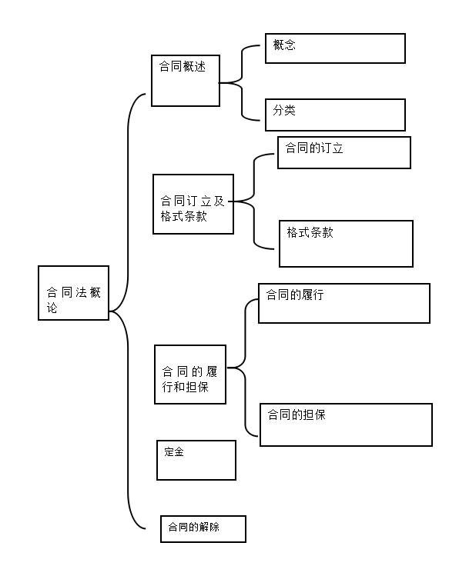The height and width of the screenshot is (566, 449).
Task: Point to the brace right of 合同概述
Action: click(242, 83)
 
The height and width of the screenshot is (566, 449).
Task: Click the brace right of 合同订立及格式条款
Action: click(254, 201)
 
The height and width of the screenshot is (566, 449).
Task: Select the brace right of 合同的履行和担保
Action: click(246, 368)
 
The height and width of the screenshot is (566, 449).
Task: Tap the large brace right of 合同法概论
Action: click(128, 311)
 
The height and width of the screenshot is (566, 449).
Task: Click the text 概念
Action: click(284, 45)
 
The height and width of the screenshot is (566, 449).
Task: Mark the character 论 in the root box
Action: click(52, 308)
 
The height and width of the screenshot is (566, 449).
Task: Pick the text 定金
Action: click(174, 451)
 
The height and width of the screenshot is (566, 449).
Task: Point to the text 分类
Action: click(284, 110)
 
